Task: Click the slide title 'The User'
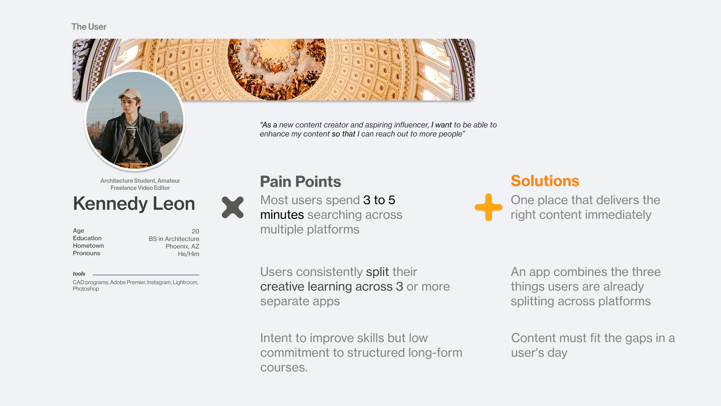89,27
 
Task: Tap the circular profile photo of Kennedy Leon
135,120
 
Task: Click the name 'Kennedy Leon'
134,203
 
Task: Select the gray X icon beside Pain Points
232,207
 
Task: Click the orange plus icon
489,207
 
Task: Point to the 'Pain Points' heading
300,182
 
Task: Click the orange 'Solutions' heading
545,181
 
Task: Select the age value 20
195,231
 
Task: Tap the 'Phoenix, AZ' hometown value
183,246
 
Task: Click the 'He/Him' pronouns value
189,254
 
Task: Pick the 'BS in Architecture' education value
174,239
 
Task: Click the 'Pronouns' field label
86,253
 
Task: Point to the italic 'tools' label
79,274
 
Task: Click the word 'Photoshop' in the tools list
86,289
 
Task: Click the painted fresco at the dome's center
276,68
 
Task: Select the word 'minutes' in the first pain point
282,215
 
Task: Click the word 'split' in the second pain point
377,272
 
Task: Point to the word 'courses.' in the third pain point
284,367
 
